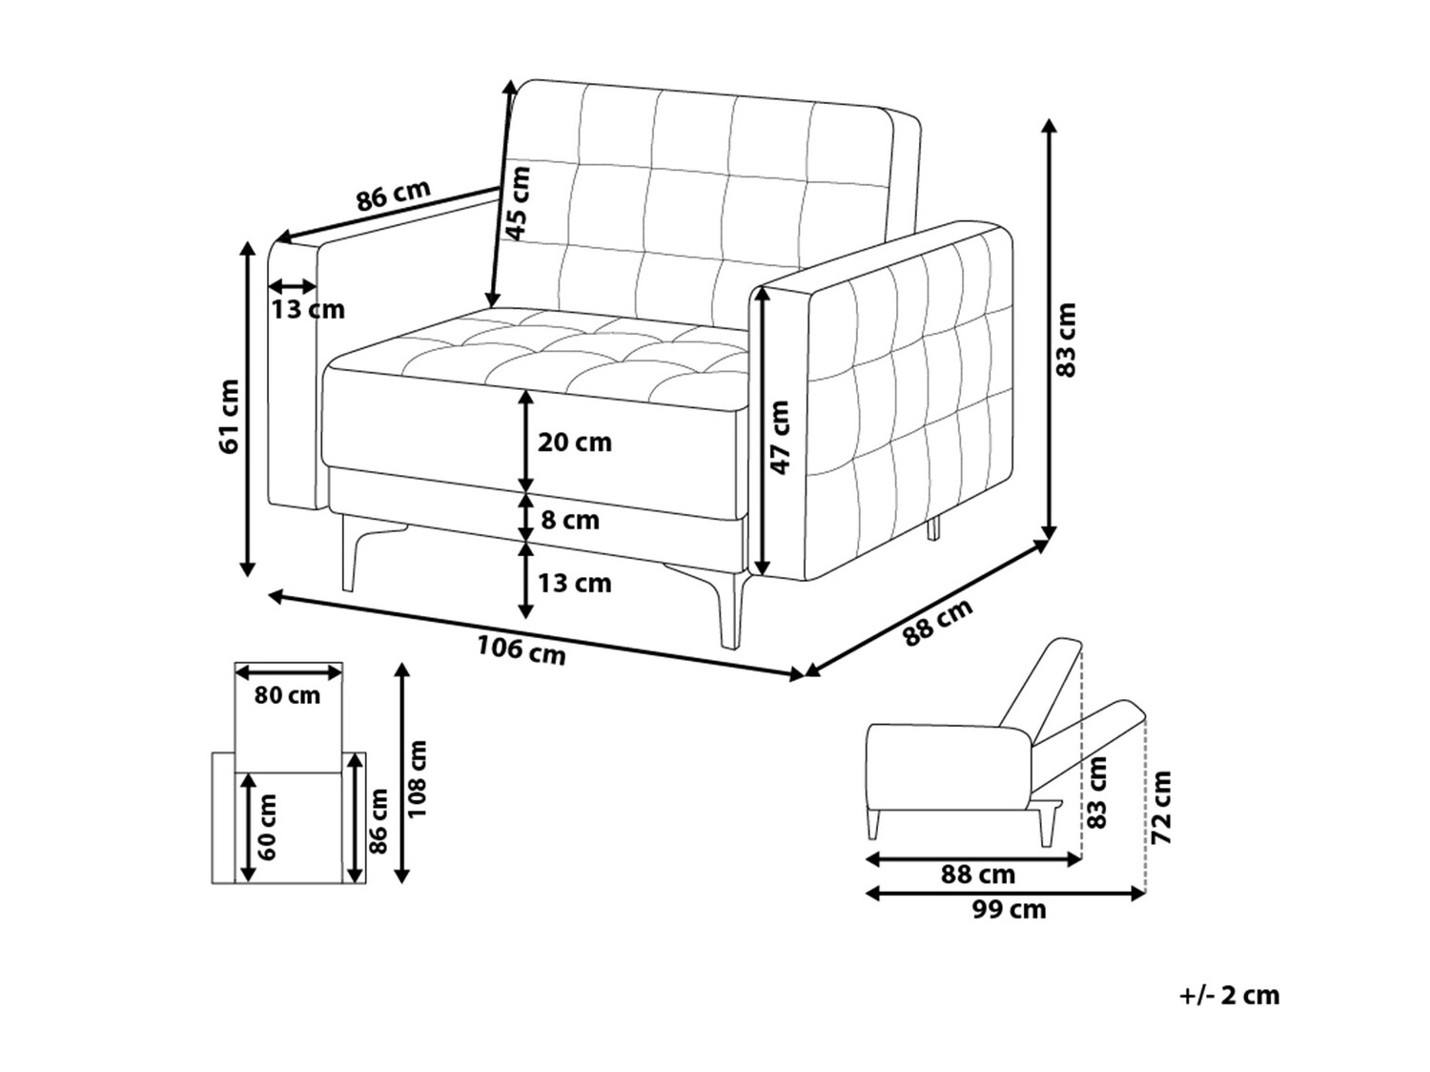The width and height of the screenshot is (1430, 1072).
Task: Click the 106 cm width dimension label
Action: tap(521, 650)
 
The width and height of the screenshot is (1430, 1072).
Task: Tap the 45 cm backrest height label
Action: tap(519, 204)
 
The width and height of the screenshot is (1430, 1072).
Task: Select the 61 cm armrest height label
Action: tap(229, 417)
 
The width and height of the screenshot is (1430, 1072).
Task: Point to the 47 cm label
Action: tap(779, 437)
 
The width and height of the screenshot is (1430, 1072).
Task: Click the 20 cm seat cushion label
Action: tap(575, 443)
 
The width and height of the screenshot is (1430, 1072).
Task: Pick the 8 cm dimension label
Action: tap(570, 520)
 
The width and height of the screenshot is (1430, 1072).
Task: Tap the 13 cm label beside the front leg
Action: tap(575, 583)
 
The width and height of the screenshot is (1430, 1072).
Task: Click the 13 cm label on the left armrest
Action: tap(308, 310)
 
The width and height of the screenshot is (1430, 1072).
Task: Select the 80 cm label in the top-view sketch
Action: tap(287, 695)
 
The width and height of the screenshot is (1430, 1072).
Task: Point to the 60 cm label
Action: tap(266, 826)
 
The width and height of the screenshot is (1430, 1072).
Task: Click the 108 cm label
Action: tap(416, 779)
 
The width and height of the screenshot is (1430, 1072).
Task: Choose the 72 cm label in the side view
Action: tap(1161, 807)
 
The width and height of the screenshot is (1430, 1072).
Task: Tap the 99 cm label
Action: tap(1010, 910)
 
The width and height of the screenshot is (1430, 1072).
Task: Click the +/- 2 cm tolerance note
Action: tap(1230, 1014)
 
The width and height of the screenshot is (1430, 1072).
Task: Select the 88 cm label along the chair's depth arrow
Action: tap(938, 623)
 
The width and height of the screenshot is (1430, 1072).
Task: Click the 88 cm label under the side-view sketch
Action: tap(978, 875)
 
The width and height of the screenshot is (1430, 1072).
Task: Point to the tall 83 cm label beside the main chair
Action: tap(1066, 340)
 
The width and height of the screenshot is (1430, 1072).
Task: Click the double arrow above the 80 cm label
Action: tap(289, 671)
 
